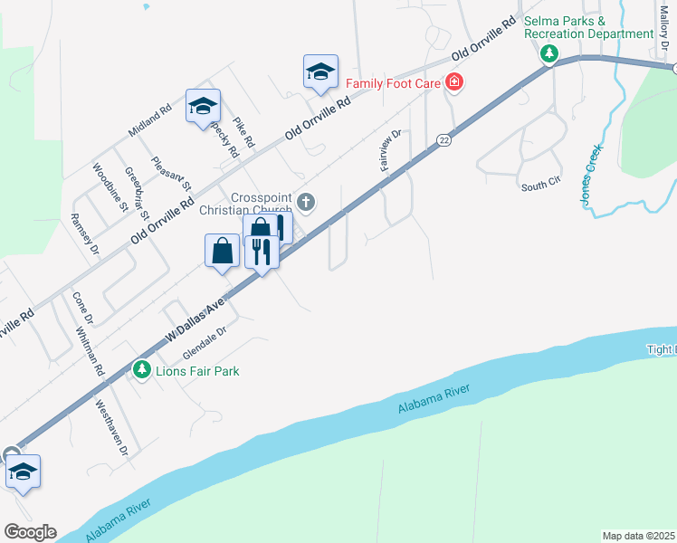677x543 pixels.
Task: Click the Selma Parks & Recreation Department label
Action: pyautogui.click(x=588, y=27)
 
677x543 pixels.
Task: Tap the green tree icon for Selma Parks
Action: pyautogui.click(x=548, y=54)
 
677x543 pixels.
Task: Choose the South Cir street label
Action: pyautogui.click(x=541, y=186)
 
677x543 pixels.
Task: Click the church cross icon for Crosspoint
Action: pyautogui.click(x=307, y=202)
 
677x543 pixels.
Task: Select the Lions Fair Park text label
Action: pyautogui.click(x=197, y=371)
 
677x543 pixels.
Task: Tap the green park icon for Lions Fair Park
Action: pyautogui.click(x=141, y=369)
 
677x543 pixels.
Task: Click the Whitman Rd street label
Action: pyautogui.click(x=91, y=347)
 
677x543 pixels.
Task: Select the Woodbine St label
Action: pyautogui.click(x=109, y=186)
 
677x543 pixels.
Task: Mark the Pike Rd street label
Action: pyautogui.click(x=243, y=132)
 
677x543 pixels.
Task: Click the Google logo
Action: pyautogui.click(x=29, y=532)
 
